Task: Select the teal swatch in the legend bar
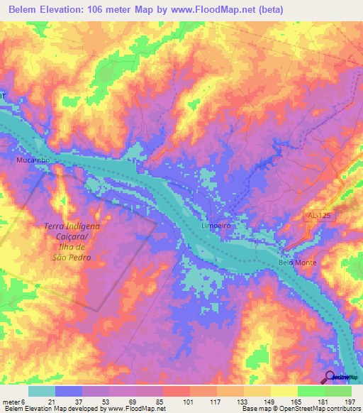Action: coord(42,391)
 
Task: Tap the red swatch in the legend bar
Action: coord(176,391)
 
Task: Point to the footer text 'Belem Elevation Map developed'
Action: coord(47,409)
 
